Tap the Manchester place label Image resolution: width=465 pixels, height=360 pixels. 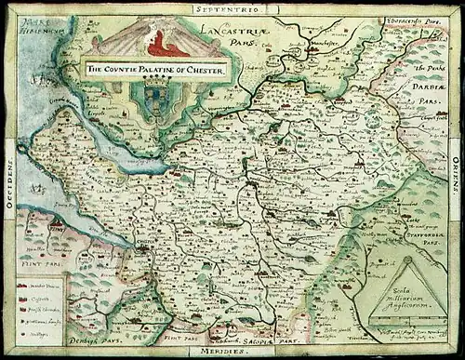pyautogui.click(x=321, y=45)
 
